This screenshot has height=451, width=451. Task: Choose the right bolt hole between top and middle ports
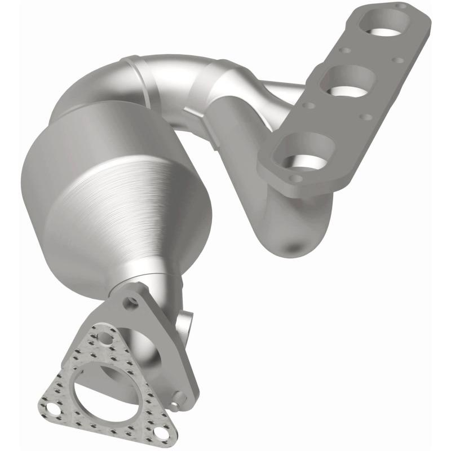398,60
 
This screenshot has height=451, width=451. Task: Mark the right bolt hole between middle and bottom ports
365,117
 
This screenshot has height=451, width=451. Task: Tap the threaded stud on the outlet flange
179,398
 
